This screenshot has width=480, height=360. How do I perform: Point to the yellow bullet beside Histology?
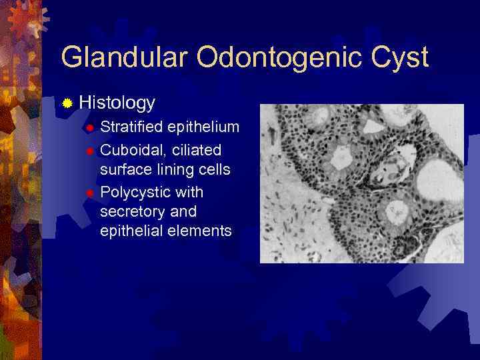[x=67, y=103]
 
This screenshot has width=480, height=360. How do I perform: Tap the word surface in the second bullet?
[x=123, y=169]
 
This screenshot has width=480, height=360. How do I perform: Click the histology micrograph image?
[x=361, y=183]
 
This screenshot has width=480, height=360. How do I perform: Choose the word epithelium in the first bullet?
[x=203, y=127]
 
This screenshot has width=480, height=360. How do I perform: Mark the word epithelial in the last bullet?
[x=129, y=231]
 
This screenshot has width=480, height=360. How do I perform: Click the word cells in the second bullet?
[x=213, y=169]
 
